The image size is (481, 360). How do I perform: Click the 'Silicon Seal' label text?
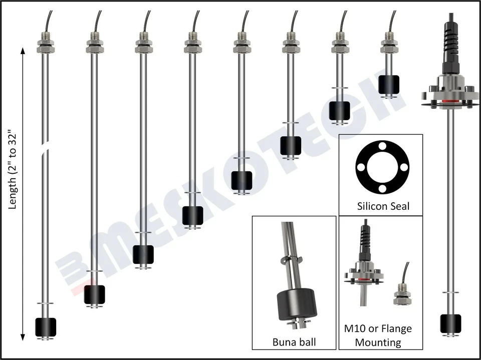click(x=383, y=206)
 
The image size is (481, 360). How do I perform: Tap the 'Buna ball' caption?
click(x=294, y=342)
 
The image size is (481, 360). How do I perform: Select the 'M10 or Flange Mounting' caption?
click(x=378, y=335)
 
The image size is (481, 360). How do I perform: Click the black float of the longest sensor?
click(x=45, y=326)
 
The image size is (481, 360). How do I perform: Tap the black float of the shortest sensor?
click(x=389, y=85)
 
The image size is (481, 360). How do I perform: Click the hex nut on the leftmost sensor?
click(x=45, y=49)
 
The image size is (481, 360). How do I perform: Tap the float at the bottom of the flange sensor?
click(x=450, y=323)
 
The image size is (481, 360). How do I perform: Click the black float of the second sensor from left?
click(x=94, y=294)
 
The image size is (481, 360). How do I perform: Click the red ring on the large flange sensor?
click(x=449, y=103)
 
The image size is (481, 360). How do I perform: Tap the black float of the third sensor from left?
click(x=143, y=254)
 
